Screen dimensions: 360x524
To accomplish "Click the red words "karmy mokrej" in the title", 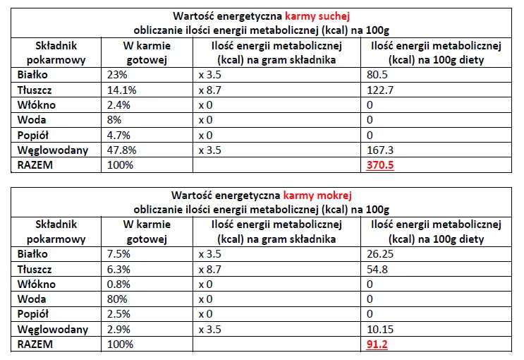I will pyautogui.click(x=317, y=195).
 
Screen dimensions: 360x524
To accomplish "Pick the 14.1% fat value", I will pyautogui.click(x=121, y=90).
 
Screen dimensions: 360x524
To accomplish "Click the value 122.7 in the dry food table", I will pyautogui.click(x=379, y=90).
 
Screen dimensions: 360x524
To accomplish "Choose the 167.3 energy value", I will pyautogui.click(x=379, y=150).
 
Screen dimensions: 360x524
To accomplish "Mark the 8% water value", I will pyautogui.click(x=114, y=120).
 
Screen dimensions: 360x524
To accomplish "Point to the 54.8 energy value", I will pyautogui.click(x=377, y=270).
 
